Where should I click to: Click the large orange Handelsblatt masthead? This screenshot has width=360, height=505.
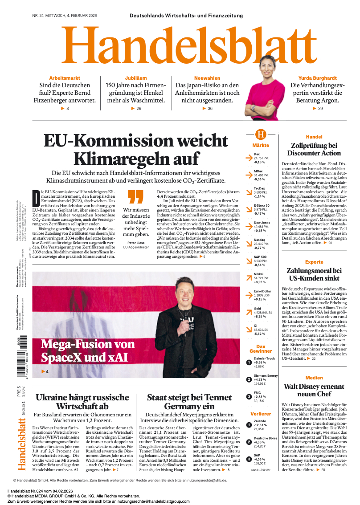(x=180, y=46)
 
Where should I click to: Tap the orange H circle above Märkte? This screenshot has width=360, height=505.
(x=261, y=134)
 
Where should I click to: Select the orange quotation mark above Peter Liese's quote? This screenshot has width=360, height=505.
(x=135, y=196)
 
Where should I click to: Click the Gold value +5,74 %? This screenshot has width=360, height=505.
(x=260, y=317)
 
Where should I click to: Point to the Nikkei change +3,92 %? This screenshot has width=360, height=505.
(x=260, y=282)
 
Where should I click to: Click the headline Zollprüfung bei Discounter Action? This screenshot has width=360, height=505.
(x=314, y=149)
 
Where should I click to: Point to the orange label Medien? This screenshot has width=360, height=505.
(x=314, y=378)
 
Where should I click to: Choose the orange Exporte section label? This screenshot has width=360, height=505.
(x=314, y=262)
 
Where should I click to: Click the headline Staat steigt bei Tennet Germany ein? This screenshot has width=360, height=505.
(x=189, y=401)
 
